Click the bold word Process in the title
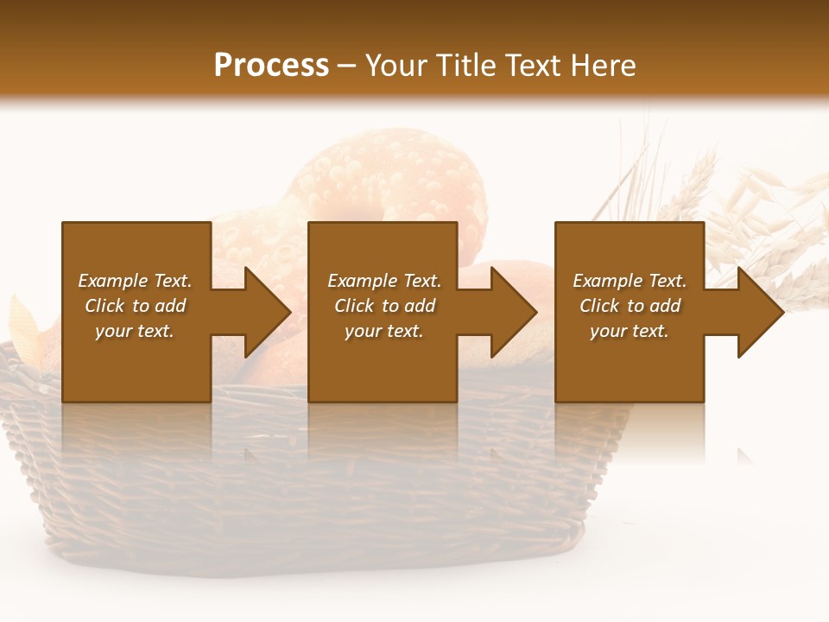(271, 66)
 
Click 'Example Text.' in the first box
(135, 281)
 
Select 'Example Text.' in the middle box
(384, 281)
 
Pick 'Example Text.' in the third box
(630, 281)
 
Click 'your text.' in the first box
(135, 331)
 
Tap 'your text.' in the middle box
(384, 331)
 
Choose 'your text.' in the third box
(630, 331)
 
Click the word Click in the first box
(105, 306)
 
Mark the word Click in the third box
(600, 306)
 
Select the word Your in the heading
(396, 66)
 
